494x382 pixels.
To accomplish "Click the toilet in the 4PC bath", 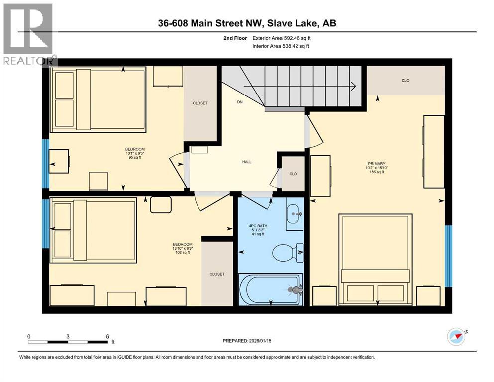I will coord(297,252).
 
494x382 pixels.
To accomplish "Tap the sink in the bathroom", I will coord(295,214).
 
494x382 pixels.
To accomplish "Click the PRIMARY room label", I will coord(377,163).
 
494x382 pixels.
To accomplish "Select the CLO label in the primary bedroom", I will coord(405,81).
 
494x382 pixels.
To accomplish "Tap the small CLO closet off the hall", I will coord(293,174).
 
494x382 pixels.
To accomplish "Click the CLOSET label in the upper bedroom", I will coord(200,103).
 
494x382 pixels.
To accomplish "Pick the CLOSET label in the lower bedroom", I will coord(217,274).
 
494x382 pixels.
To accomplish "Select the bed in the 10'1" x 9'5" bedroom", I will coord(98,99).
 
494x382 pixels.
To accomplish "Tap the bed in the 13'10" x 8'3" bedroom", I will coord(94,230).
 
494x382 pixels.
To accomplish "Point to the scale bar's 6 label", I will coord(107,336).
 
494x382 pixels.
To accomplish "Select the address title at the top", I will coord(247,23).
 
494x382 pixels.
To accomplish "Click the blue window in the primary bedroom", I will coord(448,256).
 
